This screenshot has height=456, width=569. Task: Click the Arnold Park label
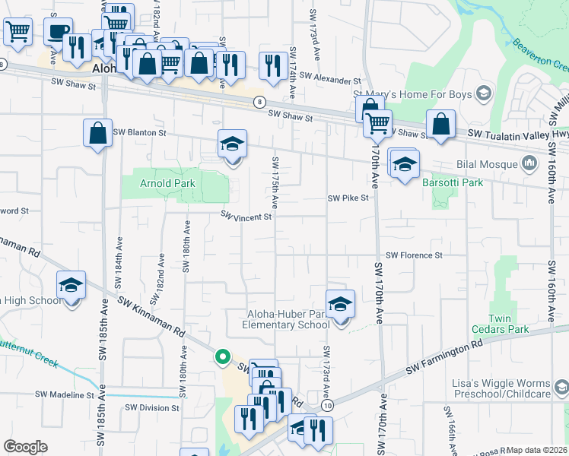(x=167, y=183)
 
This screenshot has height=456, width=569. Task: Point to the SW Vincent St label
(x=246, y=217)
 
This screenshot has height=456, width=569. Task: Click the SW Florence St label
(x=414, y=255)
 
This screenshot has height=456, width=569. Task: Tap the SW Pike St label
(x=348, y=198)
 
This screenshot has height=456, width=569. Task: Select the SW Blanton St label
(x=139, y=131)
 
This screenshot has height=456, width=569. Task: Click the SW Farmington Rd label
(x=444, y=356)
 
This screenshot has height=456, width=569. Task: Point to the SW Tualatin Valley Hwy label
(x=517, y=134)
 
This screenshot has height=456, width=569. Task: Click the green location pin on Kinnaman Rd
(x=222, y=356)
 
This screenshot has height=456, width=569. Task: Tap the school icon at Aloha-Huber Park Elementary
(x=340, y=302)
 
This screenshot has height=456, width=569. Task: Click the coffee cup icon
(x=58, y=32)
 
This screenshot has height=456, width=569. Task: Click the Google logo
(x=26, y=447)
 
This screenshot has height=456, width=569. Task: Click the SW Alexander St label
(x=329, y=78)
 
